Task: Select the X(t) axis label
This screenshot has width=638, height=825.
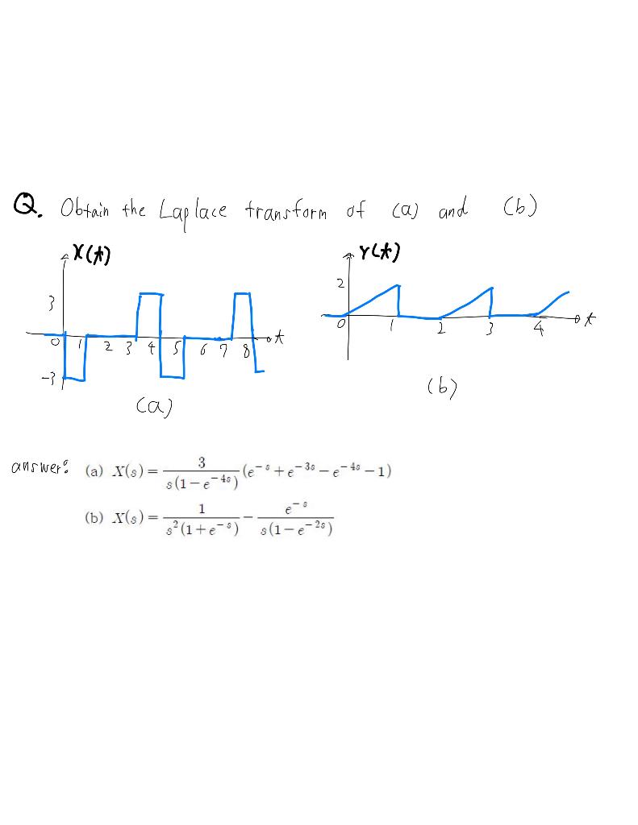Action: (x=96, y=255)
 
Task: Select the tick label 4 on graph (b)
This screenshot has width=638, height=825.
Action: (x=538, y=330)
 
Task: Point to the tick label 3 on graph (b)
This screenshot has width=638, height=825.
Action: (x=490, y=330)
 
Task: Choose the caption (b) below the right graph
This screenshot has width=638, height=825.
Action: (x=441, y=388)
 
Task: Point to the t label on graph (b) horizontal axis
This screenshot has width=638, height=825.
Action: (x=594, y=320)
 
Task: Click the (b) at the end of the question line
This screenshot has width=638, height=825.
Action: (x=519, y=208)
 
